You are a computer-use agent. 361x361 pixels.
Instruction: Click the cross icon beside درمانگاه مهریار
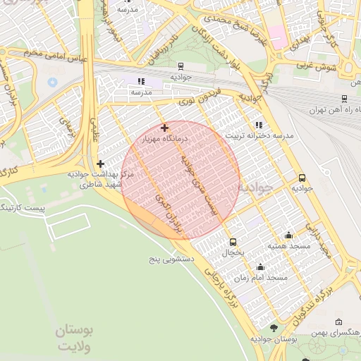click(x=164, y=128)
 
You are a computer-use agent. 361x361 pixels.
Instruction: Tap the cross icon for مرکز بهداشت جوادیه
click(x=101, y=164)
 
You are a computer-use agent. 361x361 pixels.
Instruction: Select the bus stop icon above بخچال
click(x=233, y=242)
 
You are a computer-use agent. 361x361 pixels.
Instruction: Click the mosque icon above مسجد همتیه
click(x=288, y=235)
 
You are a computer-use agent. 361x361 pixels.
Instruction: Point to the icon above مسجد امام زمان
click(x=261, y=267)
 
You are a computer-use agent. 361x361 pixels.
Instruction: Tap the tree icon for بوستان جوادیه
click(x=274, y=328)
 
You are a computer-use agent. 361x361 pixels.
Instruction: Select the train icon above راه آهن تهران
click(x=343, y=99)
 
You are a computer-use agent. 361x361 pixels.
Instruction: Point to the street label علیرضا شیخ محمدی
click(x=225, y=19)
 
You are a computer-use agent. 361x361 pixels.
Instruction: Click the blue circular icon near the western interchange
click(x=52, y=82)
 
